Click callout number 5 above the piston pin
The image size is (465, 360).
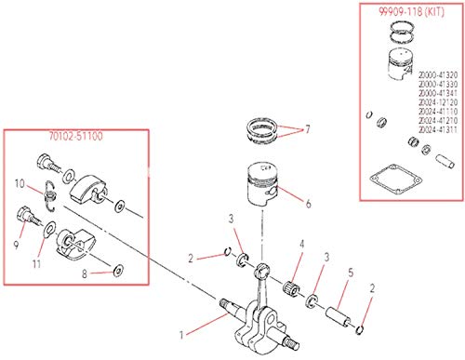click(x=350, y=273)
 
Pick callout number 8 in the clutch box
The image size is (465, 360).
click(x=85, y=274)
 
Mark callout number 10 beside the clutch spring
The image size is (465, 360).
click(x=19, y=184)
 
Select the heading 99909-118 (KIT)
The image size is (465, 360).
click(x=401, y=14)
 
